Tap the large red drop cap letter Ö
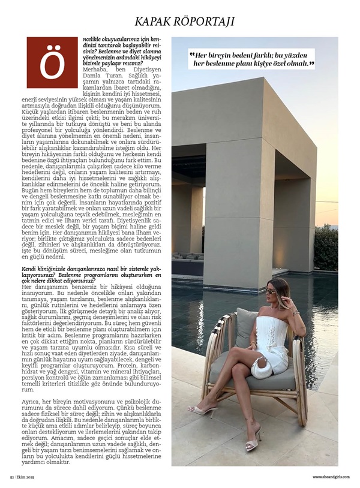(x=52, y=62)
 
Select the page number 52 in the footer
(x=11, y=477)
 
